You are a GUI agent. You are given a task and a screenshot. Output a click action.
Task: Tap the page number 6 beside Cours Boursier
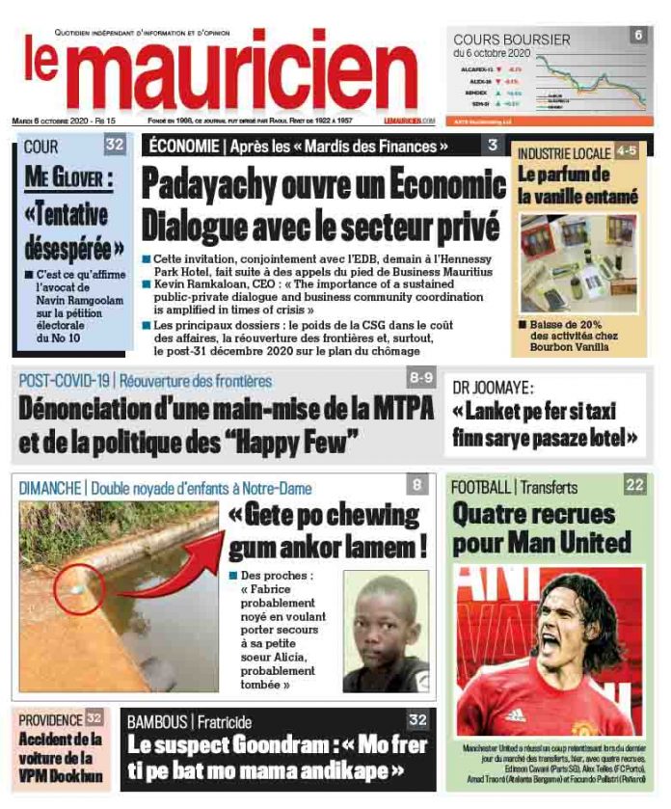tap(637, 35)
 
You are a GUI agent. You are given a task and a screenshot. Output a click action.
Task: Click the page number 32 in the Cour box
tap(115, 147)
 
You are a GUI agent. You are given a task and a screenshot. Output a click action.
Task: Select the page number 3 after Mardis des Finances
tap(492, 146)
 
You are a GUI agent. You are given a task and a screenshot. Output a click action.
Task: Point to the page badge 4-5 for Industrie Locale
tap(627, 152)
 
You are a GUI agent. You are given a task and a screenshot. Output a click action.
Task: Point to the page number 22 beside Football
tap(633, 485)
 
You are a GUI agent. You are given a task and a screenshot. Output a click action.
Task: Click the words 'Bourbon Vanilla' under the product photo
tap(574, 349)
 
